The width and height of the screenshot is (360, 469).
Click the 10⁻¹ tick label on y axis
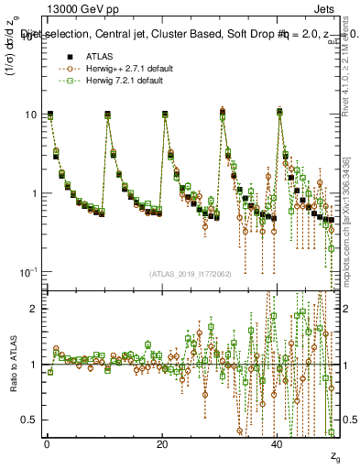click(30, 272)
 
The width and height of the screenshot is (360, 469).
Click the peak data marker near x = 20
click(165, 115)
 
